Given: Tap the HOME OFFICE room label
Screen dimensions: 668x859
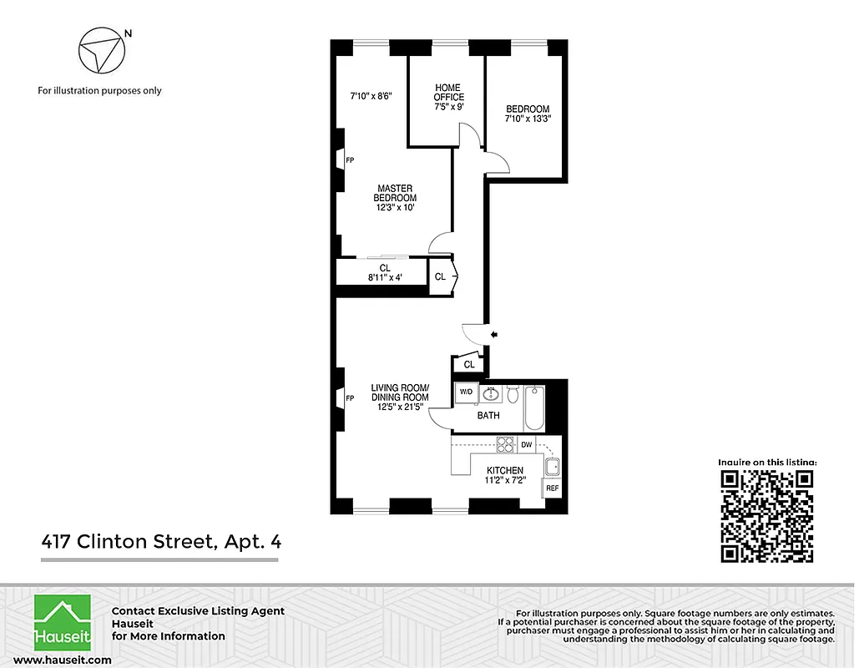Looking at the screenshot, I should [x=448, y=93].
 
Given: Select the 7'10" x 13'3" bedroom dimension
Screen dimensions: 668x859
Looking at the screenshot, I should [x=528, y=119].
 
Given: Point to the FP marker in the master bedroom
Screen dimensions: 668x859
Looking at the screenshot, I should [x=350, y=160].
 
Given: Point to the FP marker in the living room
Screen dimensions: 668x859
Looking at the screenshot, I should [x=350, y=399].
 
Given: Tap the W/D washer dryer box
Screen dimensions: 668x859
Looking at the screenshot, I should [x=465, y=392].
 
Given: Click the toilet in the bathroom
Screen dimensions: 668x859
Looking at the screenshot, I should [x=513, y=392].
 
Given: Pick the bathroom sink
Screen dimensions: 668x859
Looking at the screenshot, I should [x=490, y=393].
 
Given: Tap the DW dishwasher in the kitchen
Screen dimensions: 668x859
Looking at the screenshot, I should [x=526, y=444].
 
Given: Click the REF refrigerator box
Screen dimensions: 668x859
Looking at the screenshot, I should [x=552, y=488].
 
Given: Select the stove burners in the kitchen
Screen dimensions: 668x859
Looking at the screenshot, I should [x=504, y=444].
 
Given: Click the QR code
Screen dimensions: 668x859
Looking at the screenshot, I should [x=767, y=516].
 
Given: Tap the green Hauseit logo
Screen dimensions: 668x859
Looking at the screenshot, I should [x=62, y=623].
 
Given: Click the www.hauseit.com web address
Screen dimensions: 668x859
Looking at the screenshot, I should [x=63, y=660].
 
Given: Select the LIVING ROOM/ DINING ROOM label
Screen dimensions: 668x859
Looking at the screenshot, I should [x=400, y=392].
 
